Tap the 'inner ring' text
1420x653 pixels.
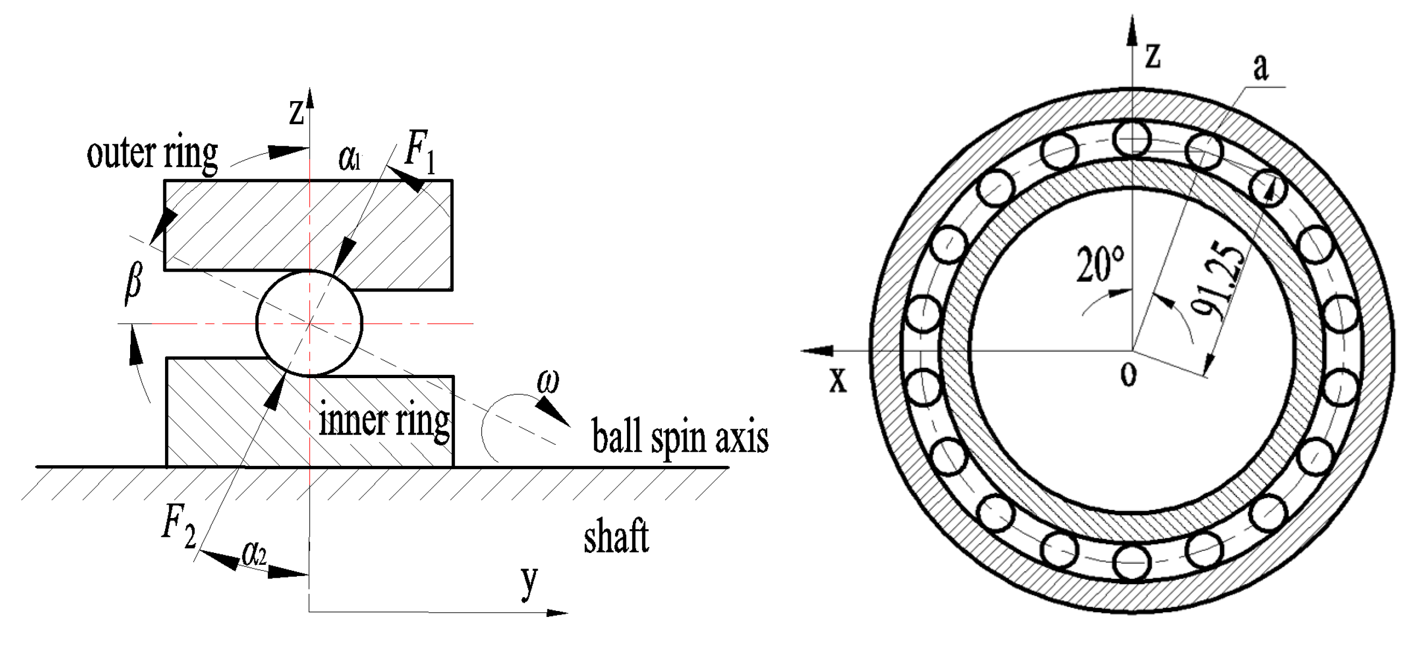click(384, 422)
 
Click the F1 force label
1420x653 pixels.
click(420, 152)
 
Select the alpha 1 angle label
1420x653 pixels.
click(349, 159)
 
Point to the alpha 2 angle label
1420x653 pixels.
click(254, 556)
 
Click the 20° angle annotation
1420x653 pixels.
click(1100, 265)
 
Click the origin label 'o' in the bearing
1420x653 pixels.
click(1128, 374)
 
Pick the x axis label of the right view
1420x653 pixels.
click(838, 379)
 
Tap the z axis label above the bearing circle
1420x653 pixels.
click(1152, 56)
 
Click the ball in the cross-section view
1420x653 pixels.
click(310, 323)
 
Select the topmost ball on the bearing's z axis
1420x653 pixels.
click(1132, 138)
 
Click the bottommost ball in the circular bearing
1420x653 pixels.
click(1132, 562)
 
